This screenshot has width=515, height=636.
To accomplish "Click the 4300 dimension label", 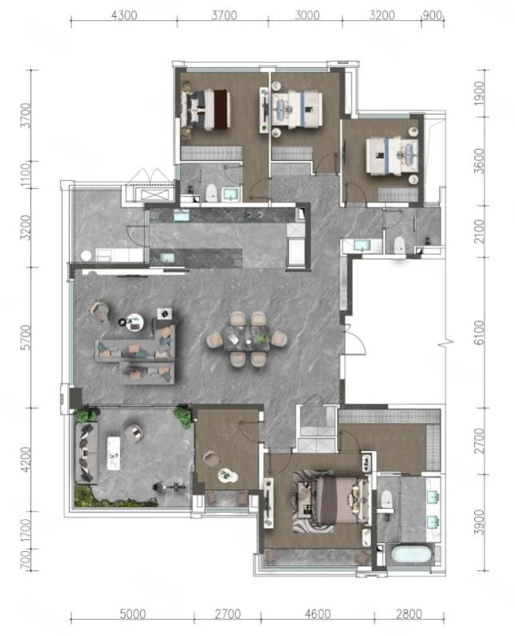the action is tap(124, 15).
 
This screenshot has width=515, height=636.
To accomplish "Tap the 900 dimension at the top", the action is tap(432, 15).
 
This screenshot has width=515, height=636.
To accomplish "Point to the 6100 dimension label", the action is tap(479, 332).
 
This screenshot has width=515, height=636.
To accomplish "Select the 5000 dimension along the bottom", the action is tap(133, 614).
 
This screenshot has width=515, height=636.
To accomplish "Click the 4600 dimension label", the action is tap(317, 614).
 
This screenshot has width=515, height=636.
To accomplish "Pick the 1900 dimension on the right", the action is tap(479, 94).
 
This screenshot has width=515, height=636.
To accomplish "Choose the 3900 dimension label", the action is tap(479, 522).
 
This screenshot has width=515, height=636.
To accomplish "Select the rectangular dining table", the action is tap(247, 338).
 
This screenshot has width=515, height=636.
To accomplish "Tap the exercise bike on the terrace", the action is tap(169, 487).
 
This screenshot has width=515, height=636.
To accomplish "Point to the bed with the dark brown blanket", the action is tap(207, 109).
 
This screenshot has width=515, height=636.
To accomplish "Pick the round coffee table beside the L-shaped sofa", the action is tap(135, 322).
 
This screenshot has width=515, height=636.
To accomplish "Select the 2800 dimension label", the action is tap(408, 614).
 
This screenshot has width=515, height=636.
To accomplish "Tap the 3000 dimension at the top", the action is tap(307, 15).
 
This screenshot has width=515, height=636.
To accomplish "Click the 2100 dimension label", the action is tap(479, 231).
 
